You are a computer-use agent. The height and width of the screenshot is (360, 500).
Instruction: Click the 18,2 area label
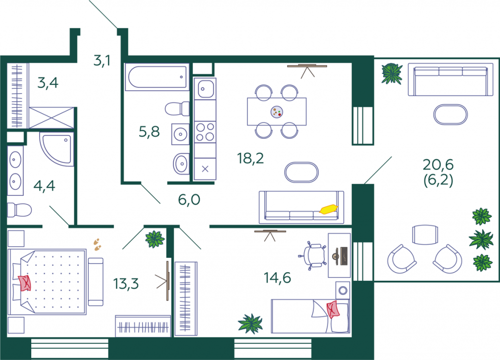[x=250, y=158]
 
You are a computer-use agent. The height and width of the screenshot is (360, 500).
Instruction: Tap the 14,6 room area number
[x=277, y=278]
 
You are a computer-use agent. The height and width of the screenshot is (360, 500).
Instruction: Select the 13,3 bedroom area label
[x=126, y=283]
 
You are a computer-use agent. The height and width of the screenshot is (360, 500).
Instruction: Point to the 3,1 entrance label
[x=102, y=60]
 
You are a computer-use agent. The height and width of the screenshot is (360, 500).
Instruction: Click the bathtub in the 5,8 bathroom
[x=157, y=77]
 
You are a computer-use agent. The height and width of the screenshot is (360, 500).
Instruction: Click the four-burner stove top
[x=205, y=132]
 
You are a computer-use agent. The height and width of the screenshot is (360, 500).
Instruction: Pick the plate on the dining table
[x=276, y=112]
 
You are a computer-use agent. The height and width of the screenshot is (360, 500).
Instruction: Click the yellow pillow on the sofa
[x=329, y=209]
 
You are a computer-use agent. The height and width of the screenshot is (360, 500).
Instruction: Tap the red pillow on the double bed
[x=25, y=283]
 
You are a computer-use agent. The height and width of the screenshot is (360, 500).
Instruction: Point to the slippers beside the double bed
[x=97, y=244]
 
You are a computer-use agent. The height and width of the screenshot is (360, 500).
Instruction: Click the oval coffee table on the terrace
[x=450, y=114]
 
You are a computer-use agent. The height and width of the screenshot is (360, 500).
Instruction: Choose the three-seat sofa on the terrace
[x=448, y=80]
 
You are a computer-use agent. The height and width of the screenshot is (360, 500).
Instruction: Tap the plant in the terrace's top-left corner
[x=392, y=74]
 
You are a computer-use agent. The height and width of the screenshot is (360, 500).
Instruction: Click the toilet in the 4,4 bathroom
[x=20, y=210]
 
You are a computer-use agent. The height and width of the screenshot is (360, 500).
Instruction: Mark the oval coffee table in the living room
[x=301, y=172]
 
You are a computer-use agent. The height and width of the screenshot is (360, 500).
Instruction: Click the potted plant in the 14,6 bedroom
[x=250, y=324]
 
